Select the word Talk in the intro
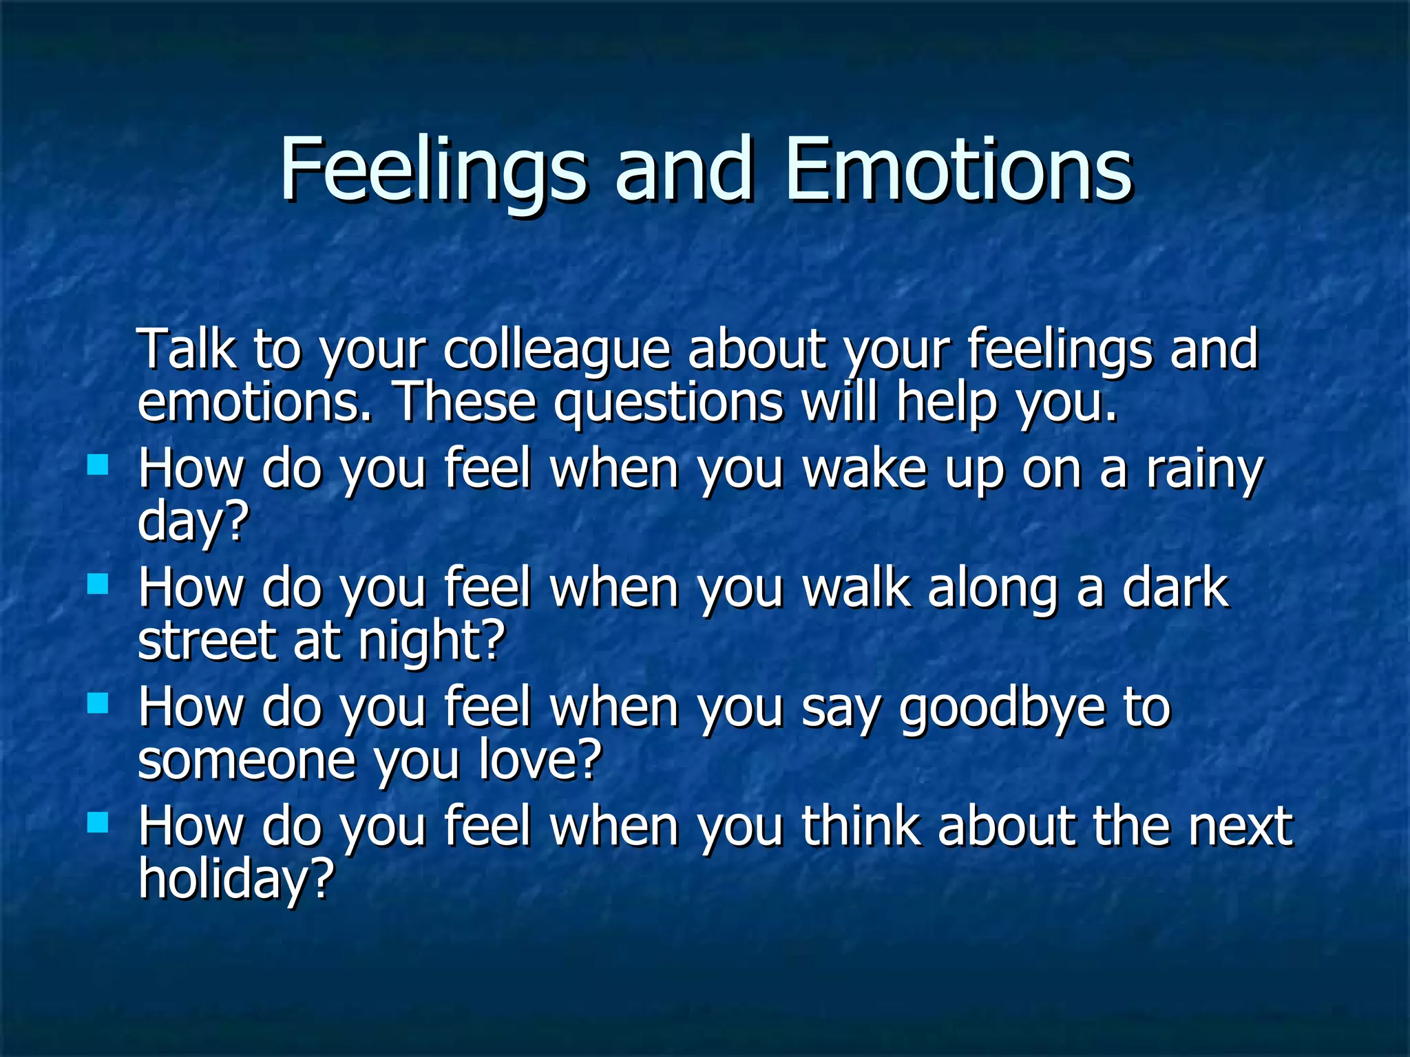[187, 349]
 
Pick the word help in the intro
[947, 403]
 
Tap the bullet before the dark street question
[98, 584]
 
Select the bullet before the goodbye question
[98, 703]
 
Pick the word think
[861, 826]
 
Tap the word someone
[246, 760]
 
